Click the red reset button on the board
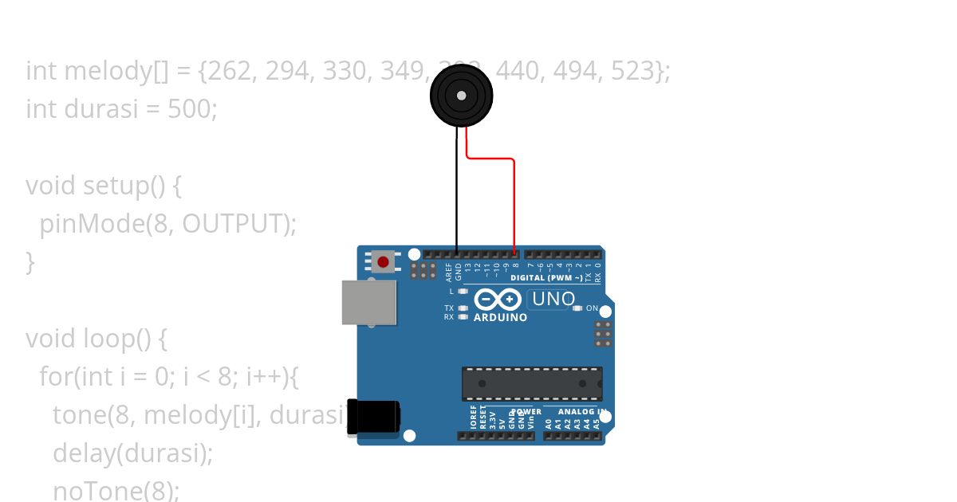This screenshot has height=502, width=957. [383, 261]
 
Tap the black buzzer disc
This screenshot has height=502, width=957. [461, 96]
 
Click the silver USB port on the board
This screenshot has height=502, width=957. [369, 303]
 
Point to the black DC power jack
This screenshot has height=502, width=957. [373, 417]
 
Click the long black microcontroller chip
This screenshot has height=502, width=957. [532, 383]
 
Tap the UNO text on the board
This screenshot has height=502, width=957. [553, 299]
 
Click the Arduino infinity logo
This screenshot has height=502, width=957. [498, 300]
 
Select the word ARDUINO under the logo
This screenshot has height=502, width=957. [500, 317]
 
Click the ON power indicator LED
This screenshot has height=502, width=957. [577, 308]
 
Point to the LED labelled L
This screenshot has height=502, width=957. [463, 292]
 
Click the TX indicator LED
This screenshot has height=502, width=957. [463, 308]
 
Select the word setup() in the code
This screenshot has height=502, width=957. [123, 186]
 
